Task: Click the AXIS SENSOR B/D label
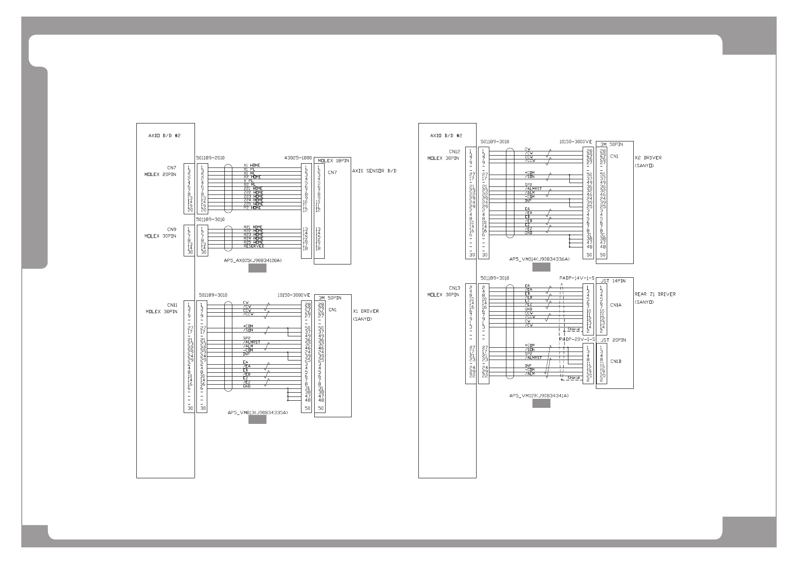(x=374, y=171)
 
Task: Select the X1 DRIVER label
(x=366, y=311)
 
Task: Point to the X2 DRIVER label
(x=648, y=158)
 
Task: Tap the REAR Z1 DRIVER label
(x=655, y=294)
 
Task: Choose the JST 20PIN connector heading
(x=613, y=340)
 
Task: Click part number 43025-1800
(x=298, y=157)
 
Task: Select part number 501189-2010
(x=210, y=157)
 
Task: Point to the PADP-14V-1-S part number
(x=576, y=278)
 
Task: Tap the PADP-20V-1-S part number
(x=576, y=339)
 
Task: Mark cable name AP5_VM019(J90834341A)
(x=539, y=395)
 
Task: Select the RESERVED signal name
(x=254, y=246)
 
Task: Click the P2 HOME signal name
(x=252, y=208)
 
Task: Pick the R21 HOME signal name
(x=253, y=227)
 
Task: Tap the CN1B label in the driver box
(x=615, y=361)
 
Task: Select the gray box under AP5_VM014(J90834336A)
(x=541, y=267)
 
